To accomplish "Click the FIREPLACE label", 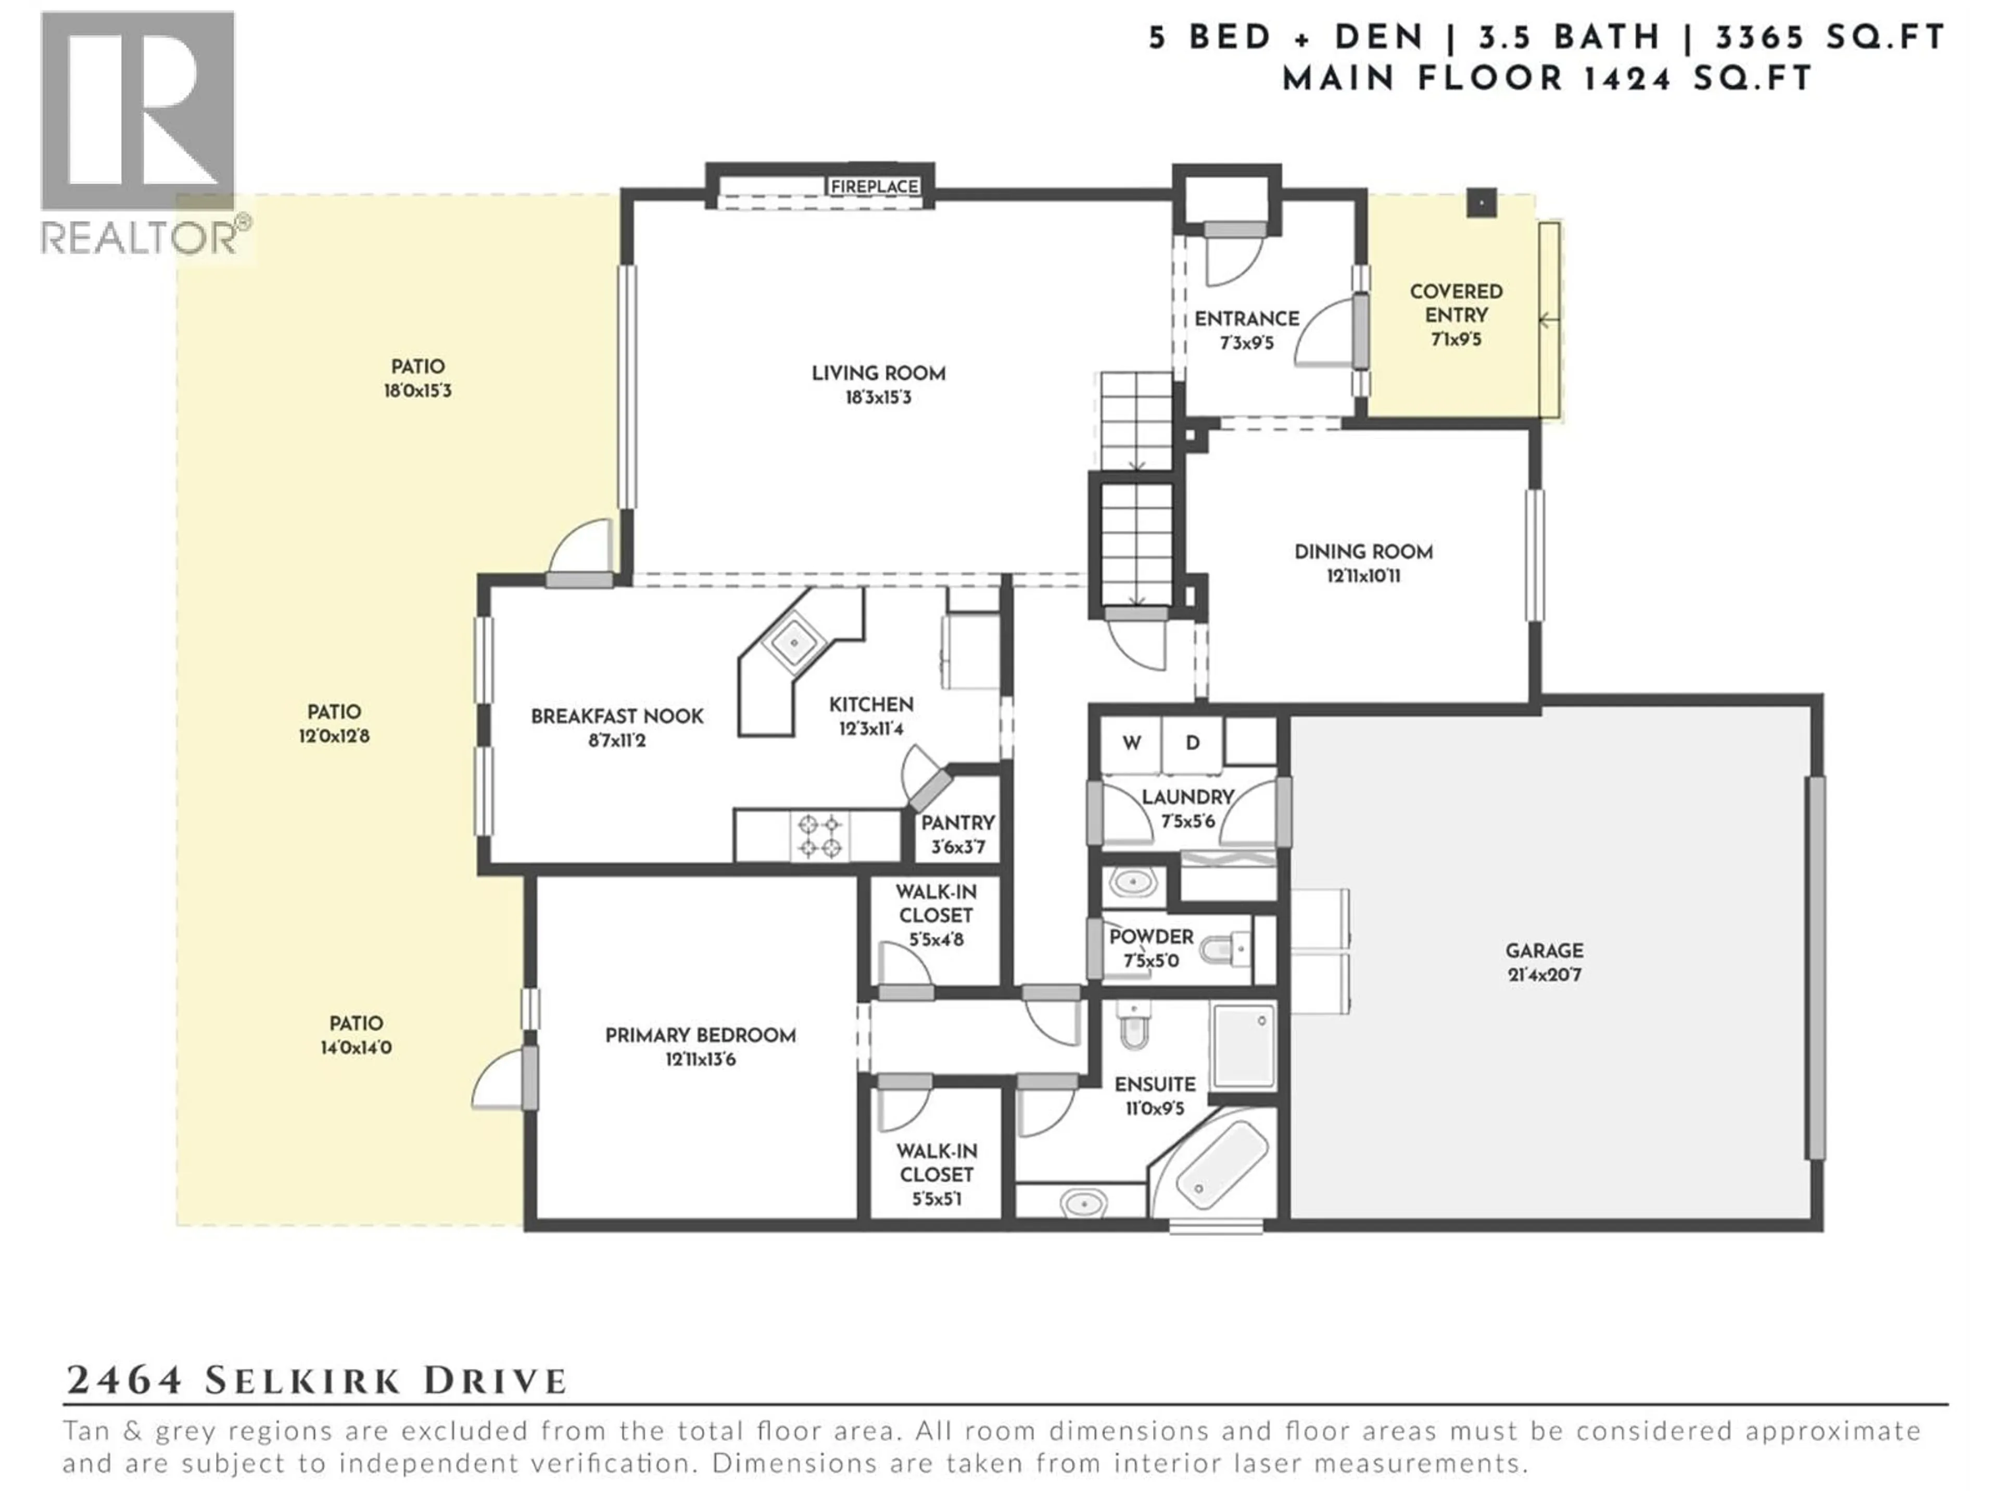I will [874, 186].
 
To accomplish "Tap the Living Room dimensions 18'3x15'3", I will [878, 398].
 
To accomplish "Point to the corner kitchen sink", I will [794, 642].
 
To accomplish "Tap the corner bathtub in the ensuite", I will [1216, 1165].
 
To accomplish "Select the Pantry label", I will [957, 823].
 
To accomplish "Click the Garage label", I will [1543, 950].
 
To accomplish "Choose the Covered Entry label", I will [1456, 303].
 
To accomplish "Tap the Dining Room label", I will [1363, 552].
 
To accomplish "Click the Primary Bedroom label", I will [700, 1035].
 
